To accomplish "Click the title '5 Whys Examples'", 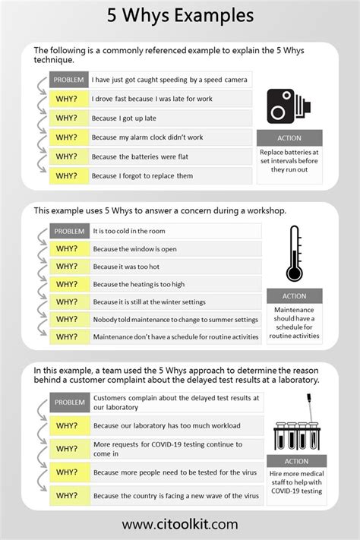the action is [180, 15].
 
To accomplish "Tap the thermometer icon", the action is [293, 254].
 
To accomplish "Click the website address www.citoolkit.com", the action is [180, 523].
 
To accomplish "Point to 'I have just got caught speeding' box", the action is [169, 79].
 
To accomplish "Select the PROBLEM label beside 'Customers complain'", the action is [70, 403].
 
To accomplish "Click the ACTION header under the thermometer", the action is [294, 296].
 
